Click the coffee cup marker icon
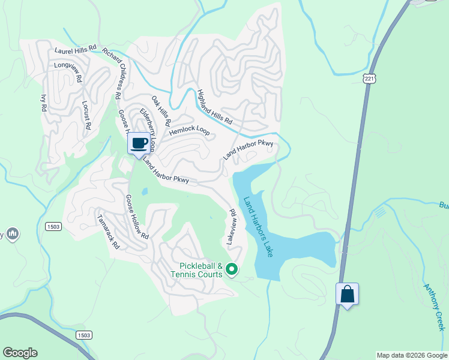pos(139,143)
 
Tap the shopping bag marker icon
pos(347,294)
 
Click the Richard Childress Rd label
pos(112,74)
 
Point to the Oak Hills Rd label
pos(160,110)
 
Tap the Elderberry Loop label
pos(148,129)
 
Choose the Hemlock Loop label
pos(189,130)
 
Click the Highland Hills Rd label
pos(214,107)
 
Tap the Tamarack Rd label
pos(109,232)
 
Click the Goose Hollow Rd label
pos(136,217)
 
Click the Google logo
pos(20,353)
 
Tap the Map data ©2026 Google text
pos(412,355)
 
